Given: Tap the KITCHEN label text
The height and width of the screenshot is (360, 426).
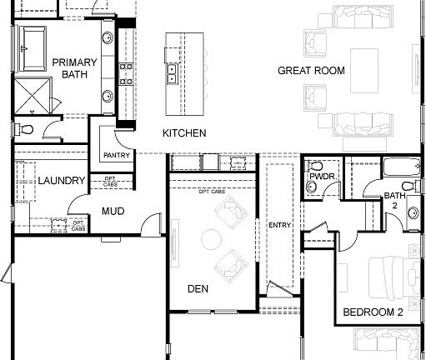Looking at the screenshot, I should [184, 133].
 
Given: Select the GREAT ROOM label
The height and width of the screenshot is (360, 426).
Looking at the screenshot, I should [311, 71].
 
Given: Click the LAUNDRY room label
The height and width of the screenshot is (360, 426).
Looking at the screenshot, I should [61, 181].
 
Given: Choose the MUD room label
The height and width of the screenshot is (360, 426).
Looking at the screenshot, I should [113, 212].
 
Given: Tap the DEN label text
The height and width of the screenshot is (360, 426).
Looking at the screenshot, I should [198, 289].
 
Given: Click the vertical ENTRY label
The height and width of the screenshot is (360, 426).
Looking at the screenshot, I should [278, 225].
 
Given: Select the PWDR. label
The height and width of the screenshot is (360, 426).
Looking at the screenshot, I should [322, 177].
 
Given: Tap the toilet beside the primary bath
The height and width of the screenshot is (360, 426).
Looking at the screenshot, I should [24, 128].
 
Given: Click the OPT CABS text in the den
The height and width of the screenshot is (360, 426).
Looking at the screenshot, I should [211, 192].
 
